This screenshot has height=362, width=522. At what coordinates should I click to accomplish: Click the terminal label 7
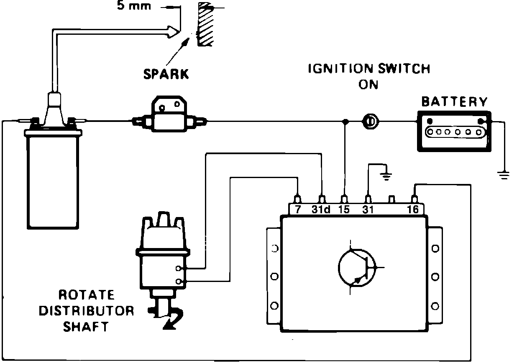click(x=297, y=209)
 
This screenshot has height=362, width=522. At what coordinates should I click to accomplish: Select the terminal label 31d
click(x=321, y=209)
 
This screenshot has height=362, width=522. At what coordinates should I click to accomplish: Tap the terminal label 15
click(x=344, y=209)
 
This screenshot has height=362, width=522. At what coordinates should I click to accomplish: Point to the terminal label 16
click(x=413, y=209)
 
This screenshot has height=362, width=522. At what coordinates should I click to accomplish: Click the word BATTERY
click(x=454, y=102)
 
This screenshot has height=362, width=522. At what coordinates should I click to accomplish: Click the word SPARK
click(x=166, y=74)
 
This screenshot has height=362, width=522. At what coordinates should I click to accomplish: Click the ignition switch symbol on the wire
click(x=370, y=122)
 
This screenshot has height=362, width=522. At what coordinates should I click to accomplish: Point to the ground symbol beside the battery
click(x=505, y=175)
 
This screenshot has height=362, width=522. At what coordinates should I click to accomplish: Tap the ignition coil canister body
click(x=53, y=180)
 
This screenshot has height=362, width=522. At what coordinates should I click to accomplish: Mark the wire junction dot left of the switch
click(x=345, y=122)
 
